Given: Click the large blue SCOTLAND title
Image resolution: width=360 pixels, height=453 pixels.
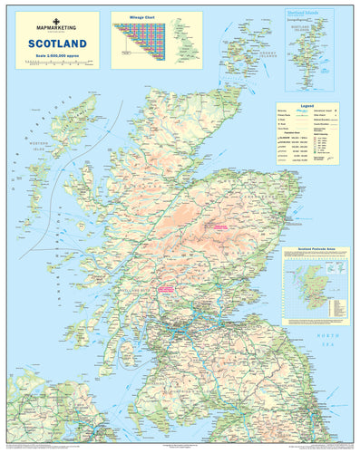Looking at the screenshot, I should click(57, 43).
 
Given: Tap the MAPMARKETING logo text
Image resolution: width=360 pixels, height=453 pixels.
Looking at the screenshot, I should click(57, 27).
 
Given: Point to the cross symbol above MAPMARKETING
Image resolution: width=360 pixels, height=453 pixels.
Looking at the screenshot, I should click(57, 19).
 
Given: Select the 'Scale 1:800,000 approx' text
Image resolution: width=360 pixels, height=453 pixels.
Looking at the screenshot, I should click(57, 54).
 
